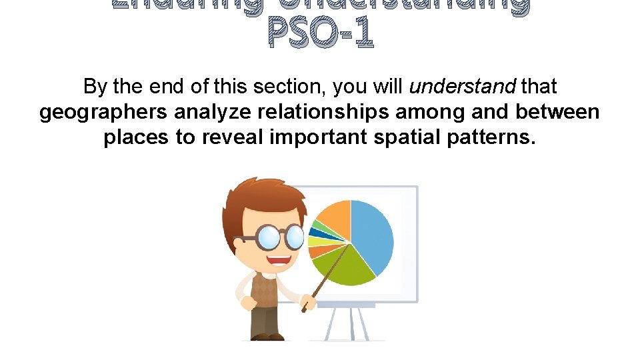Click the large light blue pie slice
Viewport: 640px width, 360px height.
[373, 233]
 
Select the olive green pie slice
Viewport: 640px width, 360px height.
[347, 267]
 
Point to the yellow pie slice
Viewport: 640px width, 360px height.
[314, 241]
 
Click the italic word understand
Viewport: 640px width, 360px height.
[463, 87]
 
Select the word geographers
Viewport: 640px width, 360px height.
[103, 112]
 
